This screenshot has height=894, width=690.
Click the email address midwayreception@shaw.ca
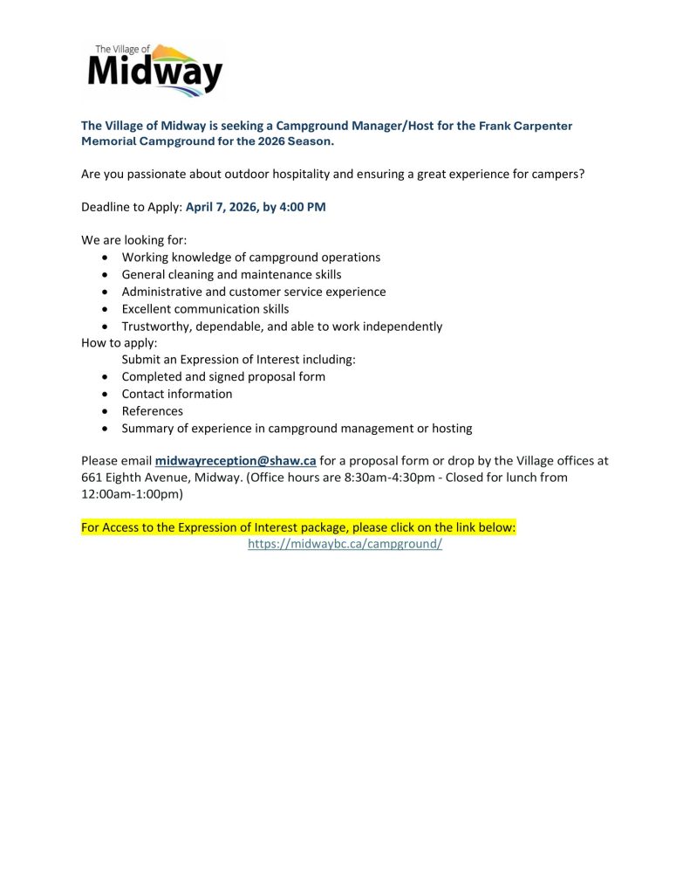236,461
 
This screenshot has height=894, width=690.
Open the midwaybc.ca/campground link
345,544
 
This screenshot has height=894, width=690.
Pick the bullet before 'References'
105,411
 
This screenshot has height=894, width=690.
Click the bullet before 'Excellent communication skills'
105,309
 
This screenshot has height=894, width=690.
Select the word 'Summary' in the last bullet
147,428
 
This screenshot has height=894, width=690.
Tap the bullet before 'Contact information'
105,394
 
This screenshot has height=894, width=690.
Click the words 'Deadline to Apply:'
131,208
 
